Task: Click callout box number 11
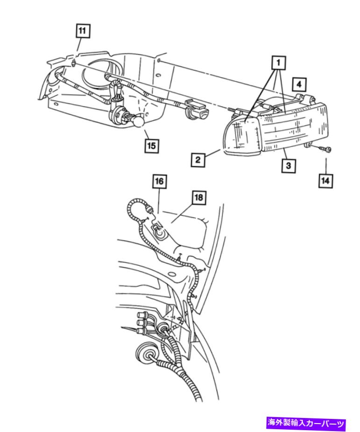tap(82, 31)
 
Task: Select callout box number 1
tap(279, 63)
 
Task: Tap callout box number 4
tap(299, 85)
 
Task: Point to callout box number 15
tap(151, 146)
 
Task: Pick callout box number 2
tap(198, 160)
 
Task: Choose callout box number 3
tap(289, 166)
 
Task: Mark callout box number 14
tap(325, 181)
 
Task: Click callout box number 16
tap(160, 181)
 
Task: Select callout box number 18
tap(199, 198)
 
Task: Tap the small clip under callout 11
tap(73, 64)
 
